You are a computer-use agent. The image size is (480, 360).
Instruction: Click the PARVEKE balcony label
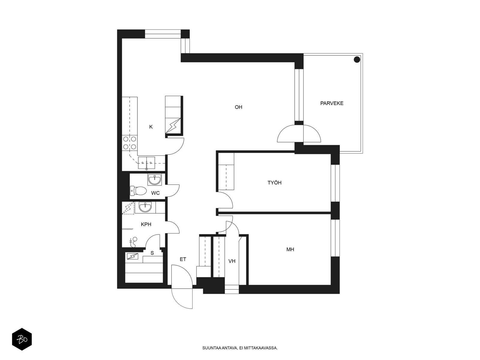tap(331, 103)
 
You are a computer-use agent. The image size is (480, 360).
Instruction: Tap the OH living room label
tap(238, 107)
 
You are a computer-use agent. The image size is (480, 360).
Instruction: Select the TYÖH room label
tap(274, 182)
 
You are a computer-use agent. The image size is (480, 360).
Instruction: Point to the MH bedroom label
tap(290, 249)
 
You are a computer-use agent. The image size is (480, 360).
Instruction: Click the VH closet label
tap(232, 261)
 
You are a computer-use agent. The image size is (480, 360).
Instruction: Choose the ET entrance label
tap(183, 259)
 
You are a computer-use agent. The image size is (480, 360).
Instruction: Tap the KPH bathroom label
tap(146, 224)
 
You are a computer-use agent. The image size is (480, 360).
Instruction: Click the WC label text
tap(155, 193)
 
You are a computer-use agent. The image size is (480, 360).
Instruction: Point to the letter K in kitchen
tap(151, 127)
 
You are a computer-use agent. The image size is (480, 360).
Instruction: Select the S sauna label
tap(152, 253)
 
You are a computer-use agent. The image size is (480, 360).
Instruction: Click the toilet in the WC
tap(138, 190)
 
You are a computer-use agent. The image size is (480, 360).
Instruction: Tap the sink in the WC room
tap(154, 180)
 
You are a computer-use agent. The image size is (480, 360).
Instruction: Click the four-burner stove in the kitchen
tap(130, 142)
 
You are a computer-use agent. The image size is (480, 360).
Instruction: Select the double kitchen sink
tap(146, 163)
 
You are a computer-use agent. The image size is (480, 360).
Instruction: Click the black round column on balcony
tap(357, 59)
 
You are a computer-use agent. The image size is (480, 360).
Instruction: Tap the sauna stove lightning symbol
tap(132, 256)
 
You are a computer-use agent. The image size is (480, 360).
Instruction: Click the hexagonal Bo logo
tap(22, 340)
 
